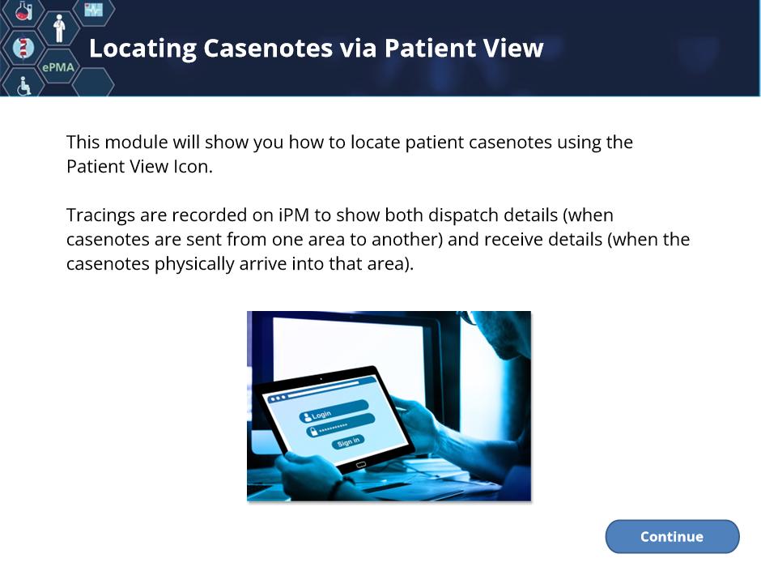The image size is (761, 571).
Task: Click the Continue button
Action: click(672, 536)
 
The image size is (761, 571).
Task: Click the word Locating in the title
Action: click(142, 49)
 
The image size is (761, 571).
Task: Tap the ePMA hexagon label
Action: click(58, 67)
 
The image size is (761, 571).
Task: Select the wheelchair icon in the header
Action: click(23, 86)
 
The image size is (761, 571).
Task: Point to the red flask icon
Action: click(23, 11)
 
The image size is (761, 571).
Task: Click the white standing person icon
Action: click(59, 28)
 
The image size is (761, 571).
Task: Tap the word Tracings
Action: click(100, 216)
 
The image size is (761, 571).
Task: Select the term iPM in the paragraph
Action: click(294, 215)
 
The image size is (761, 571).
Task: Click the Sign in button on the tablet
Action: click(348, 442)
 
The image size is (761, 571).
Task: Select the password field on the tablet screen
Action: click(341, 425)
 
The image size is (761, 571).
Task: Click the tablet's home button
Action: click(361, 465)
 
